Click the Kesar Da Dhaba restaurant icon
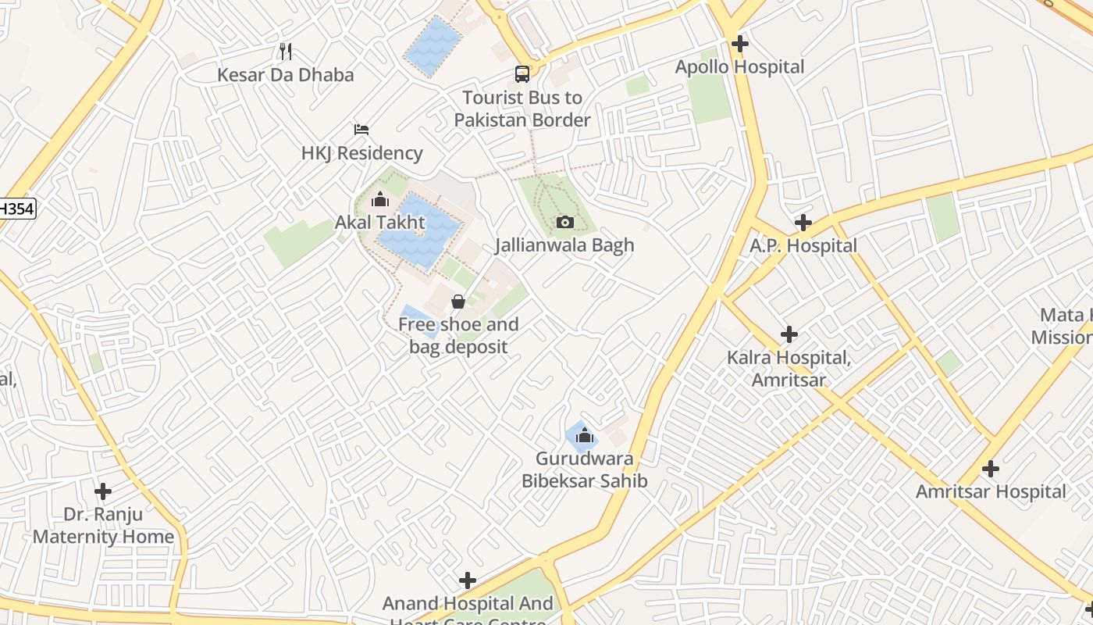click(x=286, y=52)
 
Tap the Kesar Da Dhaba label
click(x=286, y=75)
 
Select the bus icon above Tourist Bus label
click(x=522, y=74)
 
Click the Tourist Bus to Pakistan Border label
click(x=522, y=109)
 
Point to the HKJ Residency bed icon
click(x=361, y=129)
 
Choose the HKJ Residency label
click(x=361, y=153)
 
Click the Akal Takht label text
click(x=380, y=223)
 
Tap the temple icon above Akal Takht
click(x=380, y=200)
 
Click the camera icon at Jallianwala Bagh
click(x=565, y=223)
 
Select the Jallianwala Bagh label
click(x=564, y=245)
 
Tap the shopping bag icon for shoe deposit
click(x=458, y=301)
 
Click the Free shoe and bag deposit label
click(x=458, y=335)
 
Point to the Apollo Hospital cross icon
click(x=739, y=44)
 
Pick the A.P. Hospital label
click(x=803, y=246)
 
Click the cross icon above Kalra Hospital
click(x=789, y=334)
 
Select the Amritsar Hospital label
click(x=991, y=492)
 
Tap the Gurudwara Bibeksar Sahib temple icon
click(x=585, y=435)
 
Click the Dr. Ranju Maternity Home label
click(x=103, y=525)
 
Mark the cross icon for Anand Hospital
click(x=468, y=580)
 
